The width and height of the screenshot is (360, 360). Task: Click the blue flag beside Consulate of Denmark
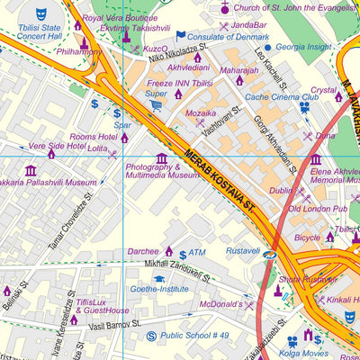[x=180, y=37]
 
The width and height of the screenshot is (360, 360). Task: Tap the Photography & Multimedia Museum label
[x=162, y=172]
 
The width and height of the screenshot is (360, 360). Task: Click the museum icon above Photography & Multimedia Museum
[x=162, y=157]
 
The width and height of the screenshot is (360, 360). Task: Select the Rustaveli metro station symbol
[x=270, y=255]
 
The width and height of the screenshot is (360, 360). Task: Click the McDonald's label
[x=217, y=305]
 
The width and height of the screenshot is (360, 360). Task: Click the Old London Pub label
[x=318, y=209]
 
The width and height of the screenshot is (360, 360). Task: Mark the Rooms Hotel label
[x=94, y=137]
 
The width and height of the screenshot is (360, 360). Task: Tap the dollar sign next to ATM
[x=183, y=255]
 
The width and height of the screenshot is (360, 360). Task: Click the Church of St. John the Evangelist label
[x=283, y=8]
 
